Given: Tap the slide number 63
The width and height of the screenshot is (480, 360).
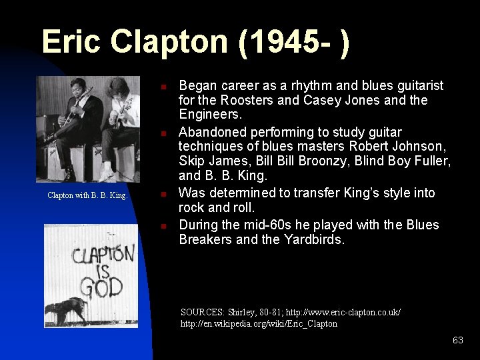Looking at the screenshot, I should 457,340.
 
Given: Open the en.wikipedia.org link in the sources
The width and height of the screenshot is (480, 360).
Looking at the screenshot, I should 259,324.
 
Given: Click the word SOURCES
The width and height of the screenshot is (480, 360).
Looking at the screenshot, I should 203,312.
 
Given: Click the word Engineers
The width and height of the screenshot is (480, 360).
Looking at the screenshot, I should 211,115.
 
